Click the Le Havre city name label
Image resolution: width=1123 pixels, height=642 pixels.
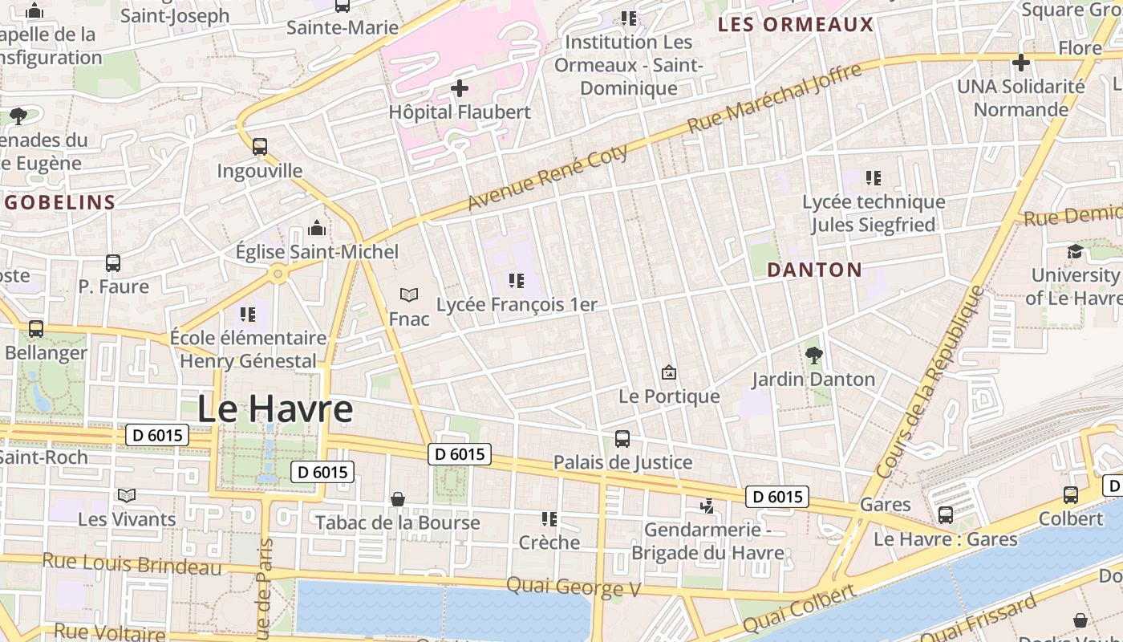pyautogui.click(x=275, y=409)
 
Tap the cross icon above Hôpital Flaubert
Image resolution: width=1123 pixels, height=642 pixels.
pyautogui.click(x=460, y=87)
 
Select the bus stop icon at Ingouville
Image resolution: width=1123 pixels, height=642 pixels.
pyautogui.click(x=260, y=147)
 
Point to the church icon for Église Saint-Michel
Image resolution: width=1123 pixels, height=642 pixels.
pyautogui.click(x=317, y=229)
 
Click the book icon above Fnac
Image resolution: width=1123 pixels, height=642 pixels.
pyautogui.click(x=409, y=295)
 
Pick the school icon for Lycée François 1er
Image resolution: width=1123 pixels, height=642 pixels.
pyautogui.click(x=517, y=281)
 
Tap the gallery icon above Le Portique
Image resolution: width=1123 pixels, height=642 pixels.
pyautogui.click(x=669, y=372)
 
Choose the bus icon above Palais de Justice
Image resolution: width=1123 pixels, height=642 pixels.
pyautogui.click(x=622, y=439)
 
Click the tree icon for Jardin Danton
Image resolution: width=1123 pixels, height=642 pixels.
pyautogui.click(x=814, y=355)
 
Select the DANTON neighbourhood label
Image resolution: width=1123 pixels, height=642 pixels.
pyautogui.click(x=814, y=270)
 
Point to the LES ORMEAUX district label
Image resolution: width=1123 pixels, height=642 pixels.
pyautogui.click(x=795, y=24)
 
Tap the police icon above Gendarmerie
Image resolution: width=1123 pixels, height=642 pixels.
pyautogui.click(x=707, y=506)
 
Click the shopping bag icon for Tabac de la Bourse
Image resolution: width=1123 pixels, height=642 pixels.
pyautogui.click(x=397, y=499)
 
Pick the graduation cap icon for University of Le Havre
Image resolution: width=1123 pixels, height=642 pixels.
pyautogui.click(x=1075, y=252)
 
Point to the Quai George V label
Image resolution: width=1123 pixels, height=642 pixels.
pyautogui.click(x=574, y=587)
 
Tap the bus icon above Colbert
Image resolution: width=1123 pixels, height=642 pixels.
pyautogui.click(x=1071, y=495)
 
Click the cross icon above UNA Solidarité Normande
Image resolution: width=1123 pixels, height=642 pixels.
pyautogui.click(x=1020, y=62)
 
